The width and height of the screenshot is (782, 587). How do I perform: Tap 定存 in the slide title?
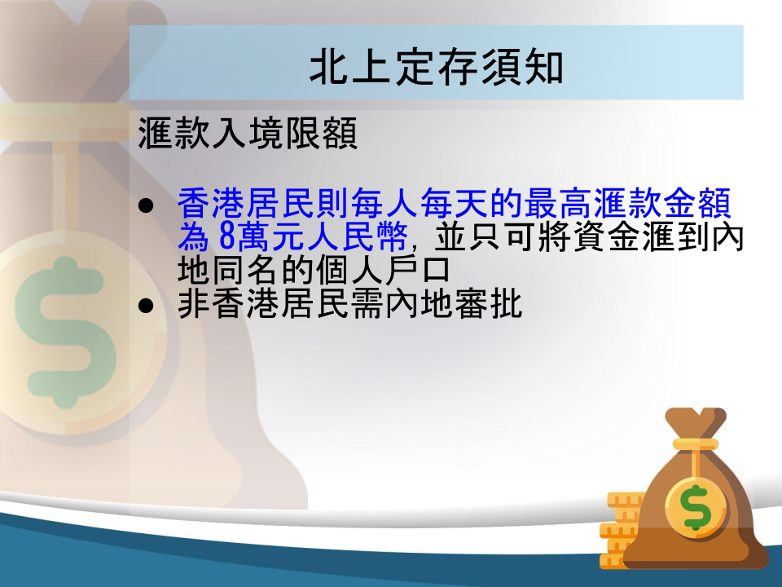tap(437, 67)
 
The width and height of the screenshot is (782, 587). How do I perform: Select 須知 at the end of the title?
tap(522, 67)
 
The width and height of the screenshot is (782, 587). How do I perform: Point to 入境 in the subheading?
tap(248, 133)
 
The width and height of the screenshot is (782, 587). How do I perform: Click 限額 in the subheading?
tap(321, 133)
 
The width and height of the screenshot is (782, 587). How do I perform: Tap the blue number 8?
tap(227, 236)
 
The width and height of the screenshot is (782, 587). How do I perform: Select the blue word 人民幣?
tap(357, 236)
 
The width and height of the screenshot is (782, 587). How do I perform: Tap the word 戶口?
tap(416, 270)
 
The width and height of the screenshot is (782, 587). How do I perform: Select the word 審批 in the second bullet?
tap(488, 304)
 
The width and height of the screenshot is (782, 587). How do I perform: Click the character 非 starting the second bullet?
tap(194, 304)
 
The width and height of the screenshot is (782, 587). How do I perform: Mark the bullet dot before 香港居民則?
tap(146, 205)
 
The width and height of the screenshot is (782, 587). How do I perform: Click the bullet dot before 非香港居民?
tap(146, 306)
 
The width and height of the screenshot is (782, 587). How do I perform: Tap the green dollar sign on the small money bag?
tap(696, 507)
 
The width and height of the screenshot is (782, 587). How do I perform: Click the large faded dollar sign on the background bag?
tap(65, 333)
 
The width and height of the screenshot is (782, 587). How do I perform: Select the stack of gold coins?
tap(621, 530)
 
